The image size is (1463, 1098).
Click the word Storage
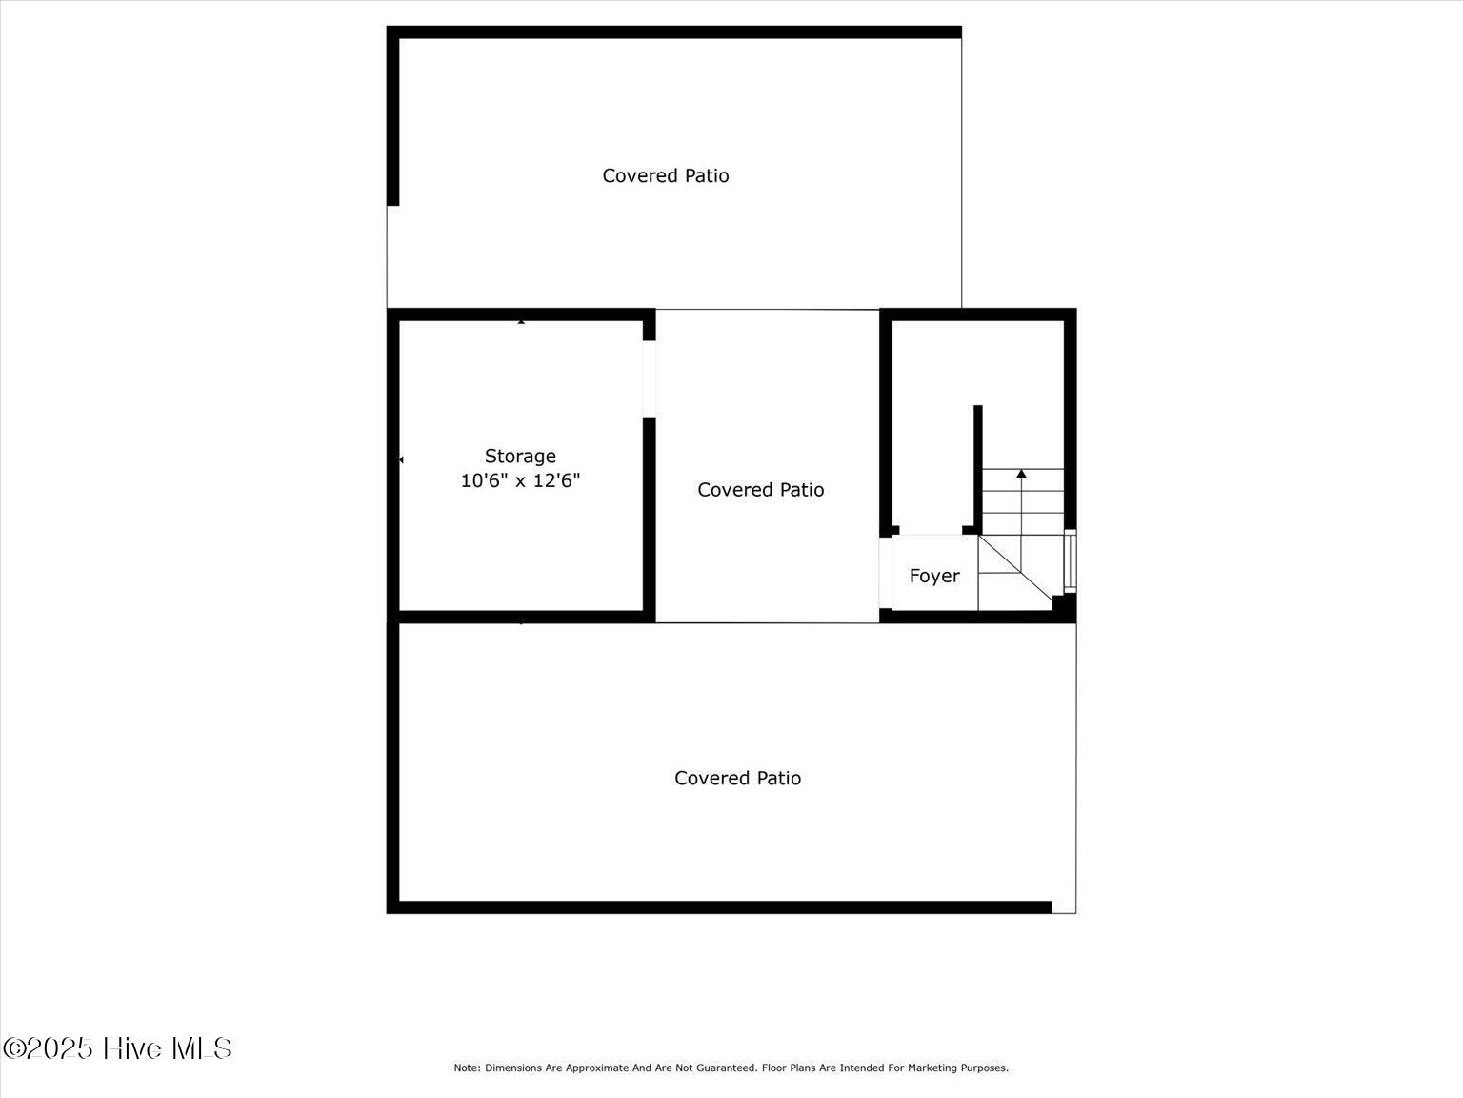(520, 457)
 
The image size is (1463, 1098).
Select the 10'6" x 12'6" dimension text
(520, 481)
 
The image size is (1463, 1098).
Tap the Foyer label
(934, 576)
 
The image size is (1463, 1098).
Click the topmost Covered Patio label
(666, 175)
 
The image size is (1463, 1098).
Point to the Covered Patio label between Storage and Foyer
(760, 490)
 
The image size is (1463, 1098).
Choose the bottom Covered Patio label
(737, 779)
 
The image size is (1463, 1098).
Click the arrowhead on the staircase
(1021, 474)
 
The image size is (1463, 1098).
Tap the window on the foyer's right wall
(1070, 560)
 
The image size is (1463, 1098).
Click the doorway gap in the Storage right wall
(649, 378)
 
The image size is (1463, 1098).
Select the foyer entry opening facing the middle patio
(885, 573)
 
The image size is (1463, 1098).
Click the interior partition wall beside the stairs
(977, 467)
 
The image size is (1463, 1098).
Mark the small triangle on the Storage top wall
(521, 322)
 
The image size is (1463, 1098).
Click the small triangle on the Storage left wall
(401, 460)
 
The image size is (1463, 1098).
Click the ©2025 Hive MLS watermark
(117, 1048)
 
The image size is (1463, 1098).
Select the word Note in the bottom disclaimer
(466, 1068)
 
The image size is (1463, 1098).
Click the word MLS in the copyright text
(201, 1048)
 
